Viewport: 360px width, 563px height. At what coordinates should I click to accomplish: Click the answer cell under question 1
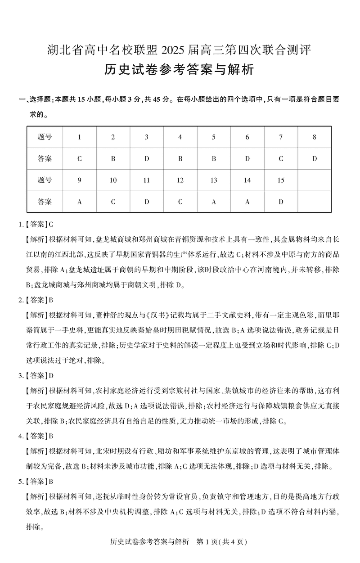(79, 158)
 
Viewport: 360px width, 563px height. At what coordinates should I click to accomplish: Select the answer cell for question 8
(315, 158)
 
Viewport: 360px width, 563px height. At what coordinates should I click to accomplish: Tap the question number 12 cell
(180, 180)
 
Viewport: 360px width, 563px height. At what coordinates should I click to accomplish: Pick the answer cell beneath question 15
(281, 202)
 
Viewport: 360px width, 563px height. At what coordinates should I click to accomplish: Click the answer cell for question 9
(79, 202)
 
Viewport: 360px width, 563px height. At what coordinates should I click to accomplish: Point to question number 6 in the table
(247, 137)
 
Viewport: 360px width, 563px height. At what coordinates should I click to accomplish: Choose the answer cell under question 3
(146, 158)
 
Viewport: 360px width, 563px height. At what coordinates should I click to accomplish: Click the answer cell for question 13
(214, 202)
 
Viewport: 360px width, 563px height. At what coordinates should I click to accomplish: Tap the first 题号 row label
(45, 137)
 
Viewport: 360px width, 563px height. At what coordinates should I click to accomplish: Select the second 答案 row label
(45, 202)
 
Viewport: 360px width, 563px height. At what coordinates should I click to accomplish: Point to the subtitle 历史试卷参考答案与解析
(180, 70)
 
